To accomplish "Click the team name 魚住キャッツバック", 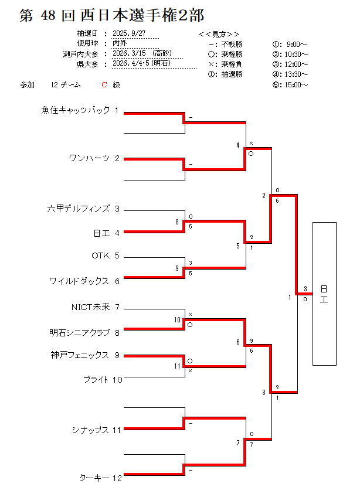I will pos(76,110).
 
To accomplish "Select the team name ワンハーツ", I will pos(89,158).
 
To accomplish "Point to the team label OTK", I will pos(101,256).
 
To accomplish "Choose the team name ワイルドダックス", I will pos(79,281).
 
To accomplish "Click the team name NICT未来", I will pos(90,307).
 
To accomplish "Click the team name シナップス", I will pos(91,430).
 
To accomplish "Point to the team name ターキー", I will pos(94,478).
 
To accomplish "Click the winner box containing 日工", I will pos(324,294).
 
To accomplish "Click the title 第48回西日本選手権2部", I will pos(112,16).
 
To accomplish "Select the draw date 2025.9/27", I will pos(129,33).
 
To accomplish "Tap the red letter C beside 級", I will pos(104,85).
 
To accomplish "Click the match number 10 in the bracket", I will pos(176,320).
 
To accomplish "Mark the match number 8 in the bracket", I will pos(176,222).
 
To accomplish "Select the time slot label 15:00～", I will pos(298,85).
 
